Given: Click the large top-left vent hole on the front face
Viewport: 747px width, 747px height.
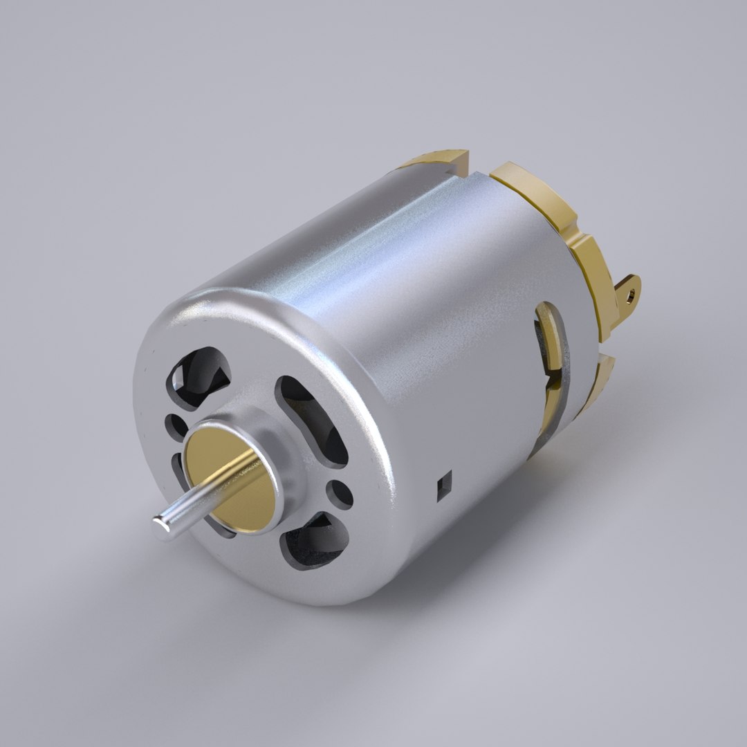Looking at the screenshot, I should click(x=201, y=377).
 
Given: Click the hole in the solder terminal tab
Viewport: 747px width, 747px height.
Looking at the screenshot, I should click(x=631, y=293).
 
